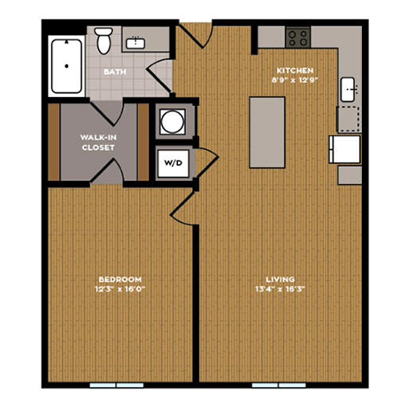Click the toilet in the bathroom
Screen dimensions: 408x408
point(103,40)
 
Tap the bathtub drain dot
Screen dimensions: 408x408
point(67,66)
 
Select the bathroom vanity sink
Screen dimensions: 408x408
point(135,43)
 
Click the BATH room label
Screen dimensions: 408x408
point(115,72)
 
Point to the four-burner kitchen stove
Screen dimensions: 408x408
point(298,38)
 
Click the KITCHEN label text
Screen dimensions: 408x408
point(295,70)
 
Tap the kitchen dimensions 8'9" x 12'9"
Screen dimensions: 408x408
point(295,80)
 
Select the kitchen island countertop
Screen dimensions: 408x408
point(267,132)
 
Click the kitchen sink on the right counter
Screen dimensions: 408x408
point(348,89)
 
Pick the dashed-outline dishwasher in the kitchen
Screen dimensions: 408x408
point(349,119)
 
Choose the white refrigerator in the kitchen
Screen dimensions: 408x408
point(345,149)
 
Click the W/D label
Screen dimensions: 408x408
point(173,163)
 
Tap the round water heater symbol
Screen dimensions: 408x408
point(173,122)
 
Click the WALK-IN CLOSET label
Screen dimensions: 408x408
point(98,142)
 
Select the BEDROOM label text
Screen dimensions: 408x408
point(120,279)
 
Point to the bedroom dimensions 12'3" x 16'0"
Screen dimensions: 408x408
point(120,289)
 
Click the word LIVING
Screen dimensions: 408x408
point(280,279)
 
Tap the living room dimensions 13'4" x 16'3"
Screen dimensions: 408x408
point(280,289)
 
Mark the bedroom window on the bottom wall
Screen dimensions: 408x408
point(117,385)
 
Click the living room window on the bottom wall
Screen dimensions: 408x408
point(279,385)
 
